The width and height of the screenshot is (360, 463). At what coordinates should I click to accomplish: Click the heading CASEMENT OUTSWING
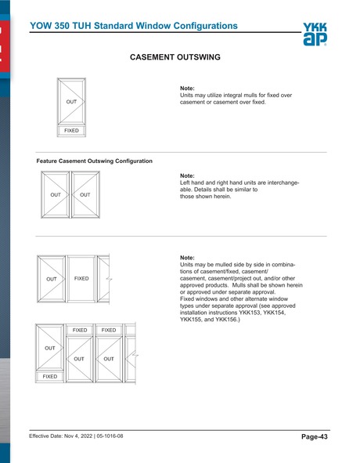tap(179, 58)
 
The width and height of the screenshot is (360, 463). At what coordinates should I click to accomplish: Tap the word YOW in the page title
tap(41, 26)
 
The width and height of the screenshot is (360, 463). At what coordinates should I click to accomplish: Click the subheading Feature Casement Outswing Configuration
tap(94, 161)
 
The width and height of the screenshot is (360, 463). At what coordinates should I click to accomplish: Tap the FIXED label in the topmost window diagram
tap(71, 131)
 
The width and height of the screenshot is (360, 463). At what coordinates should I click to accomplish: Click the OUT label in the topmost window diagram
tap(71, 102)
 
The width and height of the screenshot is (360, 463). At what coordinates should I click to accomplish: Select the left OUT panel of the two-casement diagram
tap(56, 195)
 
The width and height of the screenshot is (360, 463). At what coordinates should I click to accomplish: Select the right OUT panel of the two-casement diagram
tap(85, 195)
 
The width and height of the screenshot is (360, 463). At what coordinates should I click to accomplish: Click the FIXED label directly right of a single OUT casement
tap(81, 278)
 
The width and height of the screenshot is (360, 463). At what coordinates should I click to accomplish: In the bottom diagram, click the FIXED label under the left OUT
tap(50, 376)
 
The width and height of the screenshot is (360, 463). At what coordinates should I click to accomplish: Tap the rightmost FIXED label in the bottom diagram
tap(109, 330)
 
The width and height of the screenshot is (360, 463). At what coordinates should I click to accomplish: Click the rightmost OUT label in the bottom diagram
tap(109, 359)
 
